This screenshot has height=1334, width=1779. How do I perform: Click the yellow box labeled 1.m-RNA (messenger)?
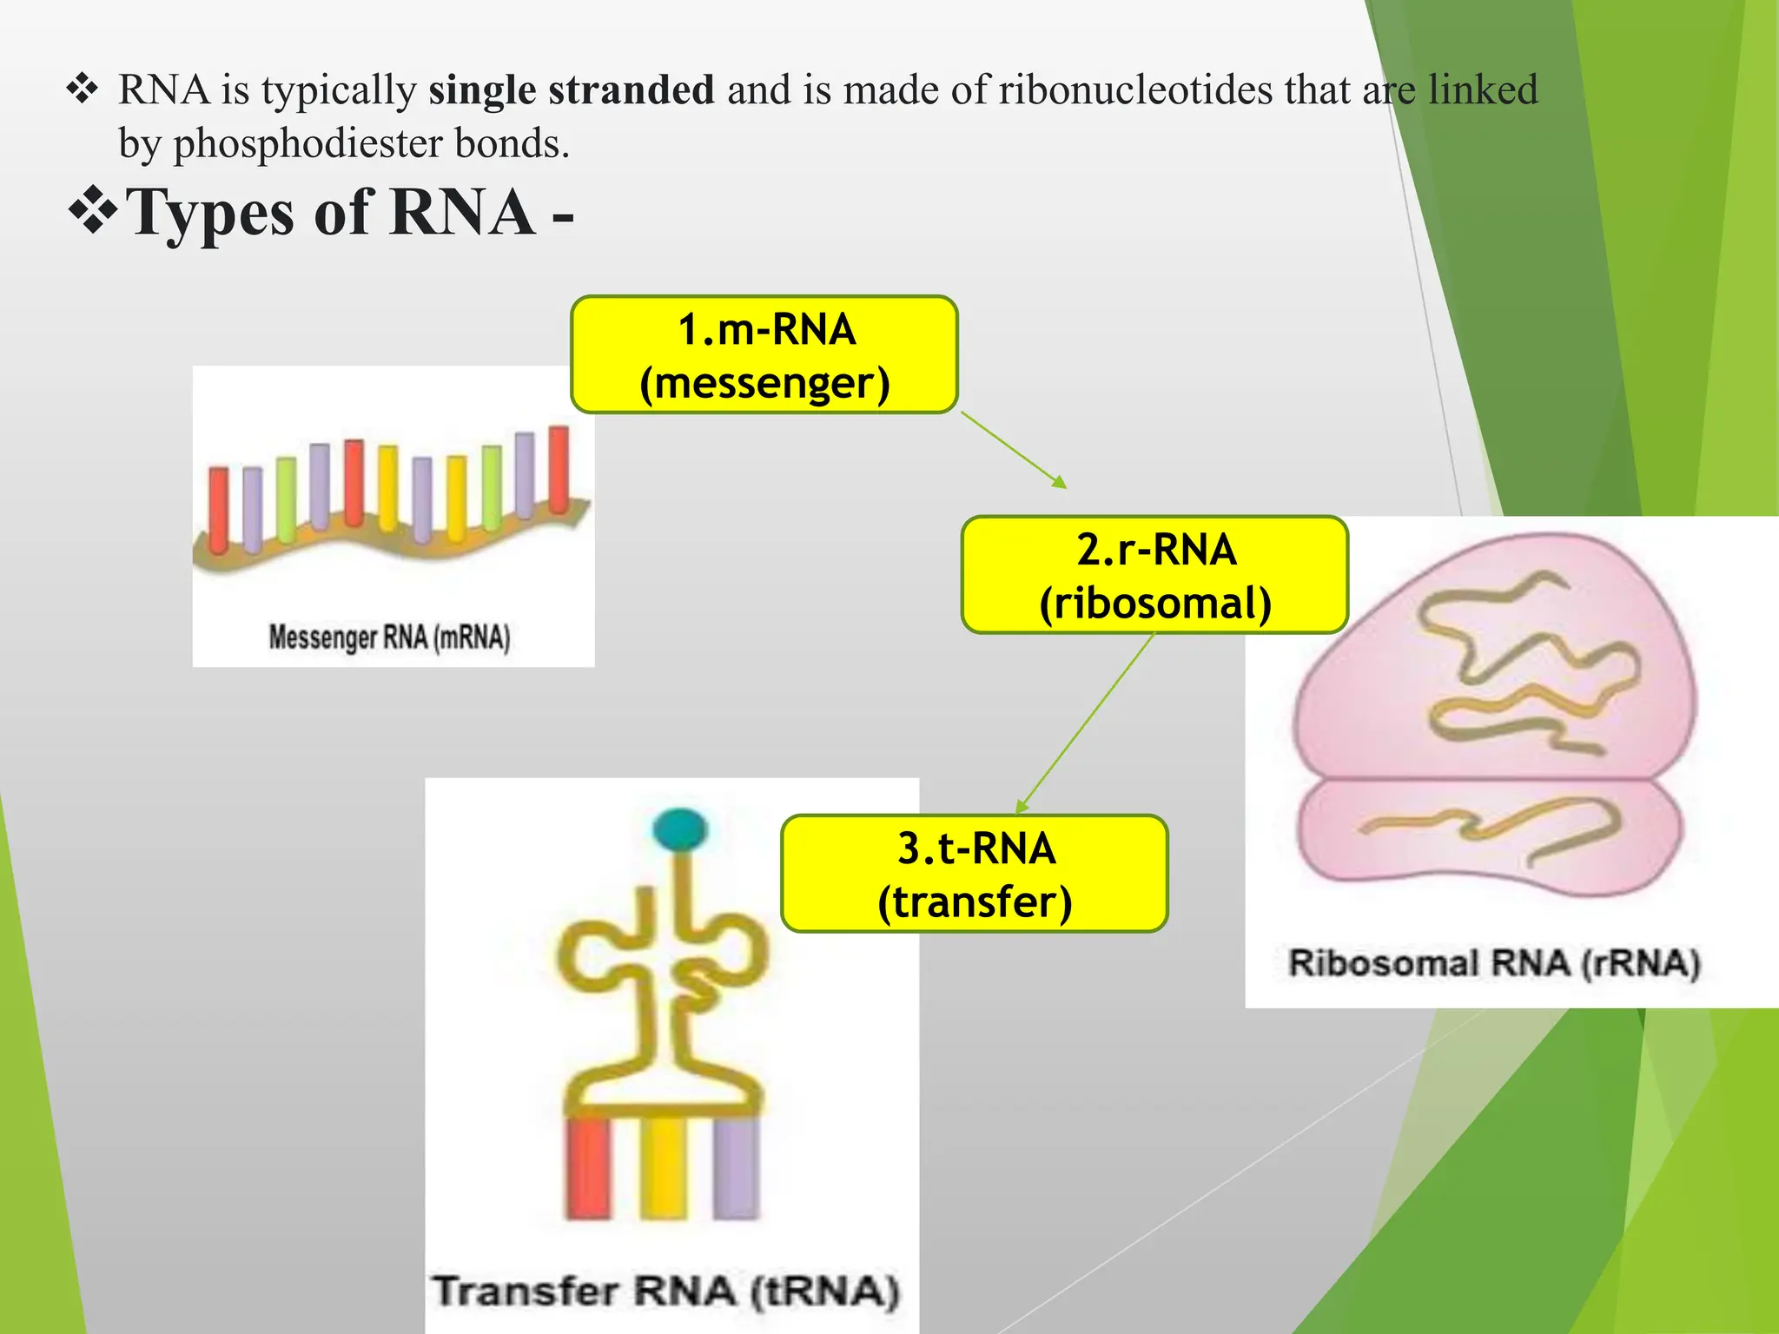[764, 354]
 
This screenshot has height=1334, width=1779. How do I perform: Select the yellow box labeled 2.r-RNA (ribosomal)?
[1154, 575]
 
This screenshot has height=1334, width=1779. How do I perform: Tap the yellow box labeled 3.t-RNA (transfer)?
[975, 874]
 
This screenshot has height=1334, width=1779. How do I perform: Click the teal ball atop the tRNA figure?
[680, 829]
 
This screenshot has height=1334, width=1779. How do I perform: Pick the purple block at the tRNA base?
[737, 1168]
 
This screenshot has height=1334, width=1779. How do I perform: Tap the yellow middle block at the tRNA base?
[664, 1168]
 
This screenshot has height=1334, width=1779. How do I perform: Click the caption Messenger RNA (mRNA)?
[389, 637]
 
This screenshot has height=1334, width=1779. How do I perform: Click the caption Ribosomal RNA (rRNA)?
[1493, 963]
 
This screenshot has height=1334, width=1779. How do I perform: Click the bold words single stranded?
[571, 89]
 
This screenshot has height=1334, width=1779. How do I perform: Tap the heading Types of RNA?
[330, 213]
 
